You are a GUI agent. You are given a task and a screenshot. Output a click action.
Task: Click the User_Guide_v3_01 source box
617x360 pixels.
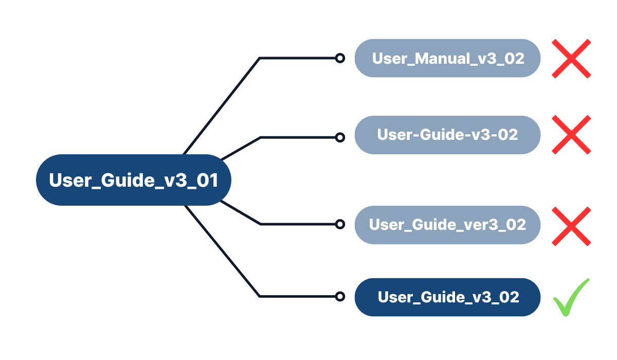[133, 180]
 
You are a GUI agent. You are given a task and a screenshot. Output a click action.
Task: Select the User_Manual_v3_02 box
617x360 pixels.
[447, 58]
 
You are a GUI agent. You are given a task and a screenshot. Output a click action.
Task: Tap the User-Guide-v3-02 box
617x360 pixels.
[447, 135]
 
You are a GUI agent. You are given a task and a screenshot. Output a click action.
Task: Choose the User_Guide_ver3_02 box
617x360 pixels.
[447, 225]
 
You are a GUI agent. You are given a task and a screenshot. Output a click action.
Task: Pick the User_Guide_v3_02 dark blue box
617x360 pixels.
[447, 297]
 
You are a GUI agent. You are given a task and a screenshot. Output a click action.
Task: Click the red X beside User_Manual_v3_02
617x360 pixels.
[571, 59]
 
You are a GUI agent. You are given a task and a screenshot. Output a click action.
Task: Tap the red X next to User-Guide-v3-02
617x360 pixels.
[571, 135]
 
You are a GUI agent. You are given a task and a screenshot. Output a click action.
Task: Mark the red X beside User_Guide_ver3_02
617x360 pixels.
[571, 226]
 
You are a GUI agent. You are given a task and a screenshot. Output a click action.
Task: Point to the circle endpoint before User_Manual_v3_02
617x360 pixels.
[339, 58]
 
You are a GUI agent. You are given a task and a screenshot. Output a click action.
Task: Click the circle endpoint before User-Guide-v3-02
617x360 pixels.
[339, 137]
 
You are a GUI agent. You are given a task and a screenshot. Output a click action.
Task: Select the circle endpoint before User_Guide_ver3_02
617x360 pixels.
[339, 224]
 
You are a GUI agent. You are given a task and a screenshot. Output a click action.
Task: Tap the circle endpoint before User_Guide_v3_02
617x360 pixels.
[339, 296]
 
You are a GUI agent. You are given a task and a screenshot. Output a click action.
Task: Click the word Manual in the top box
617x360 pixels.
[442, 58]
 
